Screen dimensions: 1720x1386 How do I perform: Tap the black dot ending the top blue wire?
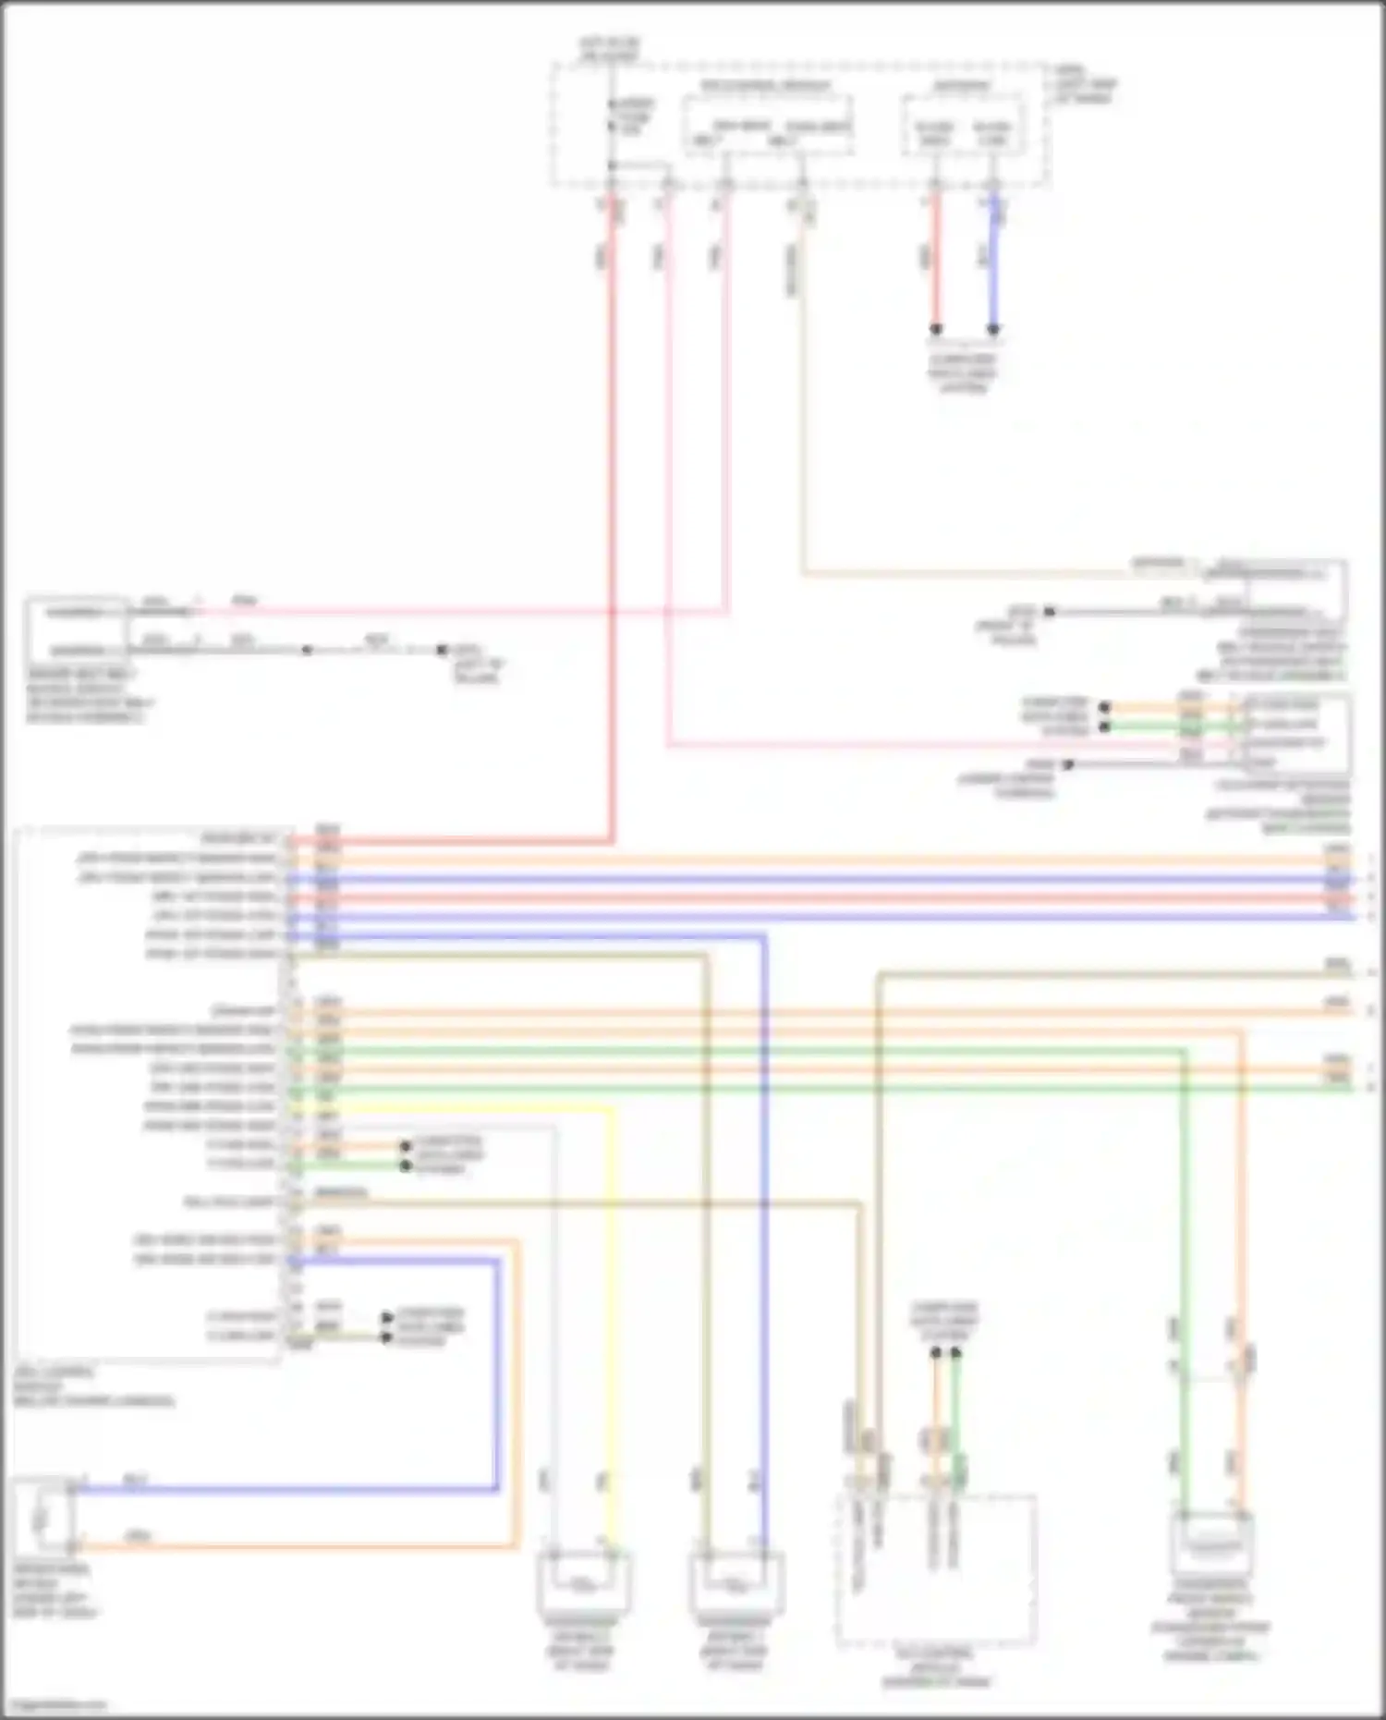993,329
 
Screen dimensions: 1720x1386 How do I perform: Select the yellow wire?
610,1294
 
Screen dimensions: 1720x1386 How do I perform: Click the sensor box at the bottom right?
1211,1543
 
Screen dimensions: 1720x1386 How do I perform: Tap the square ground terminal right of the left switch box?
443,651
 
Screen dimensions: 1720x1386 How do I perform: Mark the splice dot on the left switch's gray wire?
307,651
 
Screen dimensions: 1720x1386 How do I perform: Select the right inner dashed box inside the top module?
963,125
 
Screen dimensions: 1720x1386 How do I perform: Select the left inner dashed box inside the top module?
767,125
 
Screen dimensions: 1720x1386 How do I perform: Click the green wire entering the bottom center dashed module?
955,1423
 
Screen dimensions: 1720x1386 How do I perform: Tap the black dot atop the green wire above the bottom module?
955,1353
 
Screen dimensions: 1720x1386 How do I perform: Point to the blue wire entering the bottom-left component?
277,1489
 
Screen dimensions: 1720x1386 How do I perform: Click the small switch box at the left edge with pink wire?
76,631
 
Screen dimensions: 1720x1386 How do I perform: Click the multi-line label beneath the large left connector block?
92,1386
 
